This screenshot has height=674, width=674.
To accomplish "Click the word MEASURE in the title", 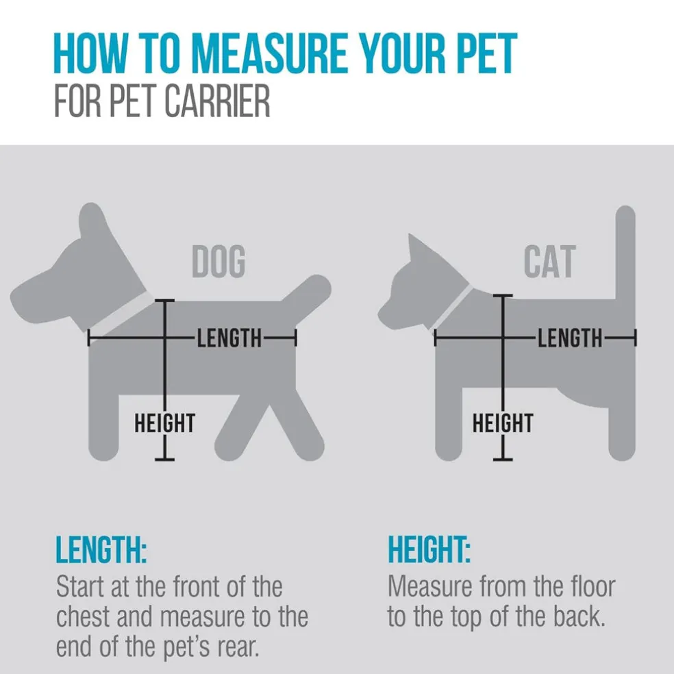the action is (269, 53).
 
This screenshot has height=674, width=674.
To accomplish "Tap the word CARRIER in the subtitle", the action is (217, 101).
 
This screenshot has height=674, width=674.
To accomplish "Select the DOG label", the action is (219, 262).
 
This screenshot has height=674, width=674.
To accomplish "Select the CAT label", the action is (550, 262).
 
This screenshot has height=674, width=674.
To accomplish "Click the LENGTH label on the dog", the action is (229, 338).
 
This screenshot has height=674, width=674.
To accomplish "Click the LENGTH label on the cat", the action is (570, 338).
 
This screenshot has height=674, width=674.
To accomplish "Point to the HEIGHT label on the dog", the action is (164, 423).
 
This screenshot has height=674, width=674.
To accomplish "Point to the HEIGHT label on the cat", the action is (503, 423).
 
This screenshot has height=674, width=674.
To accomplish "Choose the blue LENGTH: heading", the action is (101, 550).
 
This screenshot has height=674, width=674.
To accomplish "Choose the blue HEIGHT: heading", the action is (429, 550).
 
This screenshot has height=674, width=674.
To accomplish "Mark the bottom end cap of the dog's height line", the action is (164, 460).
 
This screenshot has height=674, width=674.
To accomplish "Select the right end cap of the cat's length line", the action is (636, 338).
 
